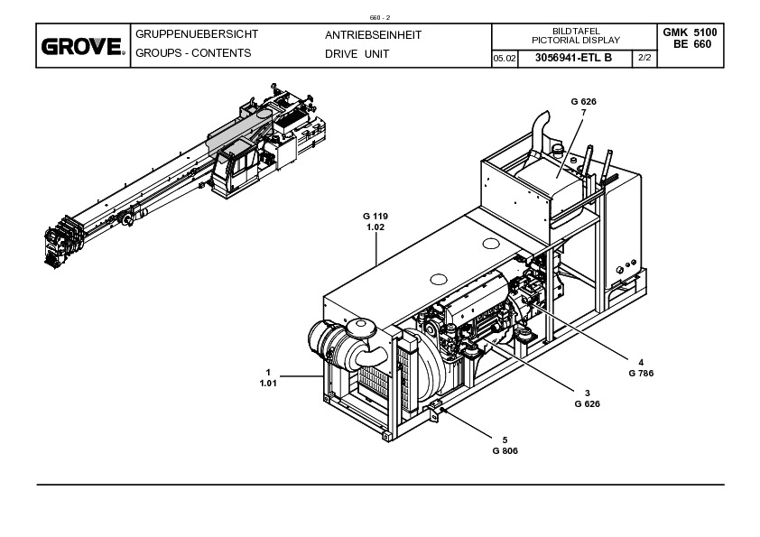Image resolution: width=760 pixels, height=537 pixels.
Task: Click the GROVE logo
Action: point(83,47)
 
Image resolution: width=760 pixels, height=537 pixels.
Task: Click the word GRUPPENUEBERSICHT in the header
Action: point(196,34)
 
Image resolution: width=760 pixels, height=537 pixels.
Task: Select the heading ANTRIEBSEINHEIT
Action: point(373,35)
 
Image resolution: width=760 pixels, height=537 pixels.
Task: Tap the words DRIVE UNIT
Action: point(357,54)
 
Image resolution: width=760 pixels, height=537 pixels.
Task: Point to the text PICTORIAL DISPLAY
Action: point(576,41)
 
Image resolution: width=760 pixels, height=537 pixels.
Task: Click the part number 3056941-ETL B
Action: point(573,58)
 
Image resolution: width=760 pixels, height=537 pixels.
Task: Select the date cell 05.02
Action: point(504,59)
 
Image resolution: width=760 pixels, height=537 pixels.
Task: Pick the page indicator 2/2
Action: point(644,58)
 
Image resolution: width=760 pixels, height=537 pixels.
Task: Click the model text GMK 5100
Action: point(690,32)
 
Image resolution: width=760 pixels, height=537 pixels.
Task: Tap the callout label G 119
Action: point(375,217)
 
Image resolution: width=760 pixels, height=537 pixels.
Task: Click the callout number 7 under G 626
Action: point(584,113)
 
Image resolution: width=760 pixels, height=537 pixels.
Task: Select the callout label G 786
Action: point(641,373)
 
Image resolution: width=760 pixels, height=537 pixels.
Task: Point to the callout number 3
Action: point(587,393)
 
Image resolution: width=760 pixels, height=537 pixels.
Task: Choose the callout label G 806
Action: point(505,450)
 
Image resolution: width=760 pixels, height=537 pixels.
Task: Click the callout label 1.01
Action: point(268,384)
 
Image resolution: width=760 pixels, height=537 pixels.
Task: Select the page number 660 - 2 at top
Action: point(379,18)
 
